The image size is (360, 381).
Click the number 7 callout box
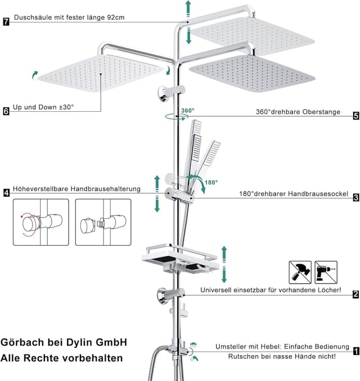6,22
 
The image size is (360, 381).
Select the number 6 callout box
6,111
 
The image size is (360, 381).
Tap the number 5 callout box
355,116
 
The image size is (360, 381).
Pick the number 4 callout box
6,193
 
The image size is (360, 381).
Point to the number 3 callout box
355,197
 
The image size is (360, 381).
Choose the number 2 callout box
355,294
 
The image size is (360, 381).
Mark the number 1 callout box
355,352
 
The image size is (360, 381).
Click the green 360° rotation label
187,111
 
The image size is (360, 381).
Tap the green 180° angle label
211,183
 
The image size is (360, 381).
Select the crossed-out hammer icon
299,272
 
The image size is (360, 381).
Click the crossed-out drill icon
326,272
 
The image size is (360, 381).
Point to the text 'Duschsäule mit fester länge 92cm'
69,17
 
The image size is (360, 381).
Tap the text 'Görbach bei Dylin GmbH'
64,342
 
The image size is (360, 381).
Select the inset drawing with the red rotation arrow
37,222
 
